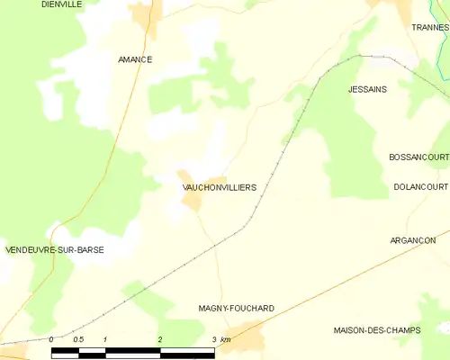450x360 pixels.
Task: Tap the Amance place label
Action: [x=135, y=59]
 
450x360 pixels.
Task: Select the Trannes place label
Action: [x=429, y=28]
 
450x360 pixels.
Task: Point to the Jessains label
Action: [x=366, y=90]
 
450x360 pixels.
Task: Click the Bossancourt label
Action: [x=418, y=157]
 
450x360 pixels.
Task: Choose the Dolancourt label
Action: [x=420, y=186]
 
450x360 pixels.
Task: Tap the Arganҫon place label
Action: [x=413, y=240]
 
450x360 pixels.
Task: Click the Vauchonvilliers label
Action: [x=219, y=187]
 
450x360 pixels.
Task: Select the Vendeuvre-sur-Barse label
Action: [x=54, y=249]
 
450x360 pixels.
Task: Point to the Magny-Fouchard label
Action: [x=236, y=308]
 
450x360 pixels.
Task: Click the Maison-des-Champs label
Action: [x=376, y=330]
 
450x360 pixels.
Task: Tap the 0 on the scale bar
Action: [x=52, y=339]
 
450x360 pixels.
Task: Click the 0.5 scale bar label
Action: [x=78, y=339]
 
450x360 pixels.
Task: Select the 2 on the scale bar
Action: [x=160, y=339]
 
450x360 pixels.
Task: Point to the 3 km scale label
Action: [x=220, y=339]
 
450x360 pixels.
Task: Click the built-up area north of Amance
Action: [x=144, y=14]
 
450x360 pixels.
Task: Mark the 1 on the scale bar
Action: [x=105, y=339]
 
